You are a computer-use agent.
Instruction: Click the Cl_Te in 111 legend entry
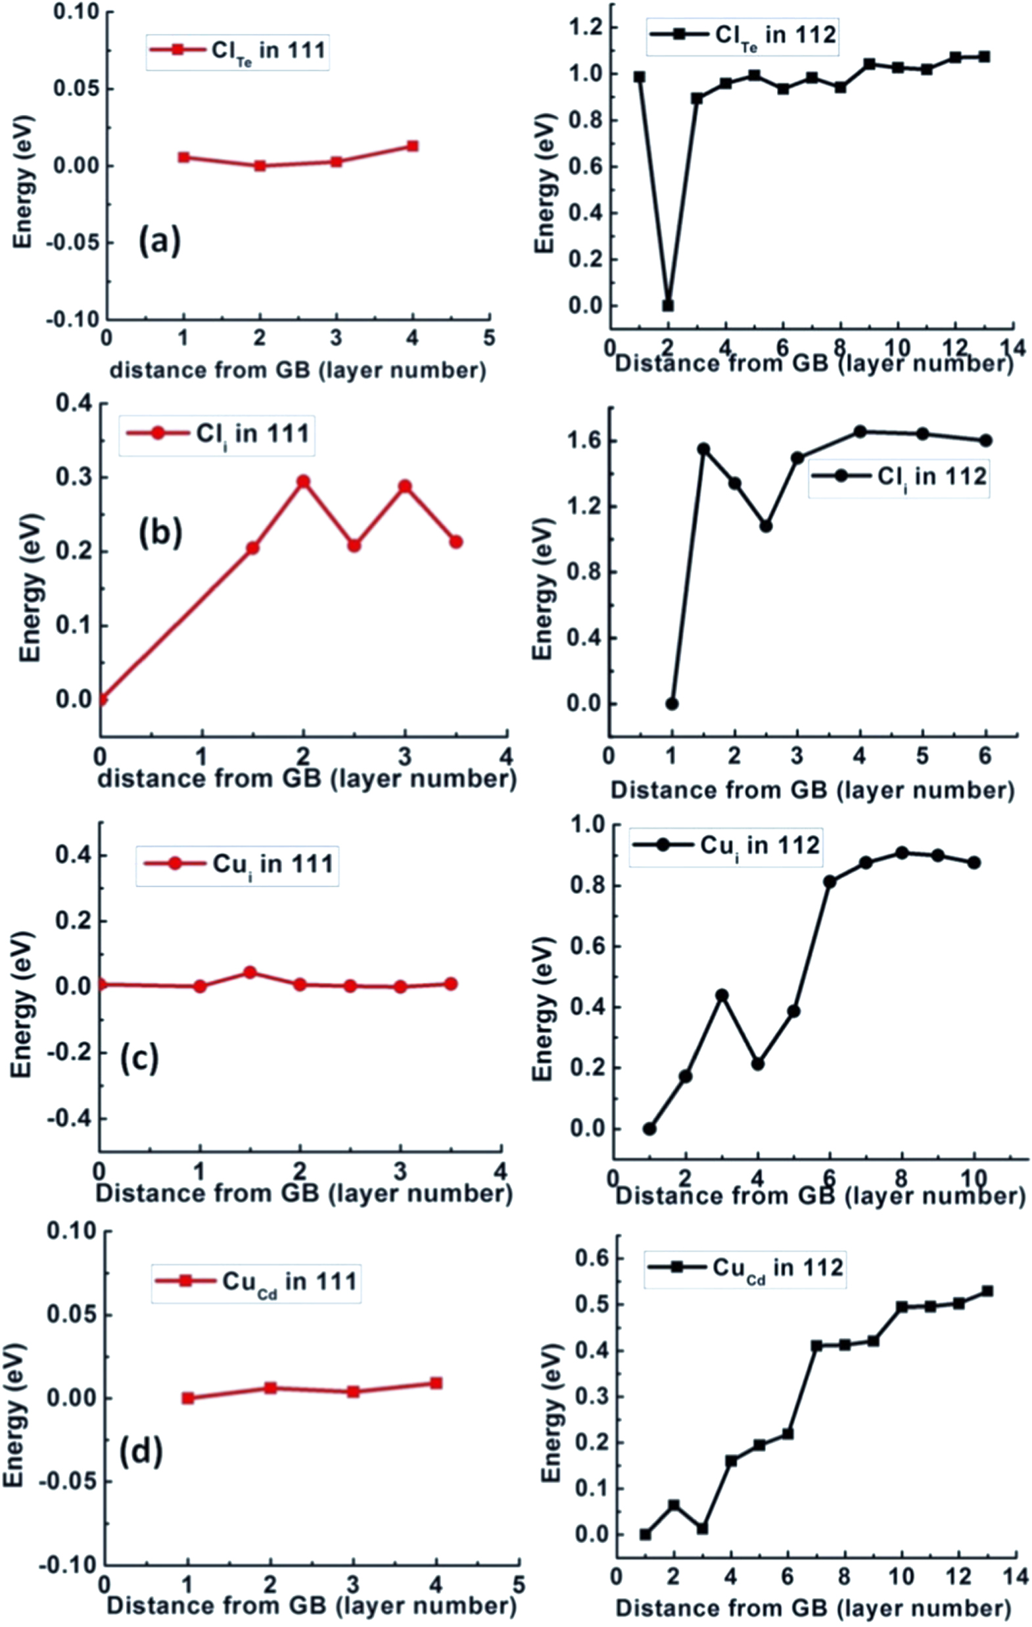point(238,51)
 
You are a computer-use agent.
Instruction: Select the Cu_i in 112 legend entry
point(726,846)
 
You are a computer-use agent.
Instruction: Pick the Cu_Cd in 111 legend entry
point(256,1282)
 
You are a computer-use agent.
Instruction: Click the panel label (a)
point(159,241)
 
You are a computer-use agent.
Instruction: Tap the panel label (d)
point(141,1451)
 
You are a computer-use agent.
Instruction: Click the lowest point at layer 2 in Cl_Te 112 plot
point(668,305)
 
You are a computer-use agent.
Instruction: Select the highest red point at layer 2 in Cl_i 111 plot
point(303,482)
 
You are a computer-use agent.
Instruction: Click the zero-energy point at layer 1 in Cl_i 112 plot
point(671,704)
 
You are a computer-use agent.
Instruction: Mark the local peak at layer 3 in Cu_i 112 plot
point(722,995)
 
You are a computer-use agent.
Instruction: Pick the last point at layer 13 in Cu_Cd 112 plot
point(987,1291)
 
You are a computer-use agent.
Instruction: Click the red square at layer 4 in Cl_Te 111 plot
point(413,146)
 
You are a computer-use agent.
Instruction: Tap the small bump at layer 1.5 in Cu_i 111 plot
point(250,972)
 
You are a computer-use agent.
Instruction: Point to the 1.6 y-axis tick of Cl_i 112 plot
point(585,441)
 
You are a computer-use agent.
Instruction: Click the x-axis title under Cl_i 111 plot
point(308,779)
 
